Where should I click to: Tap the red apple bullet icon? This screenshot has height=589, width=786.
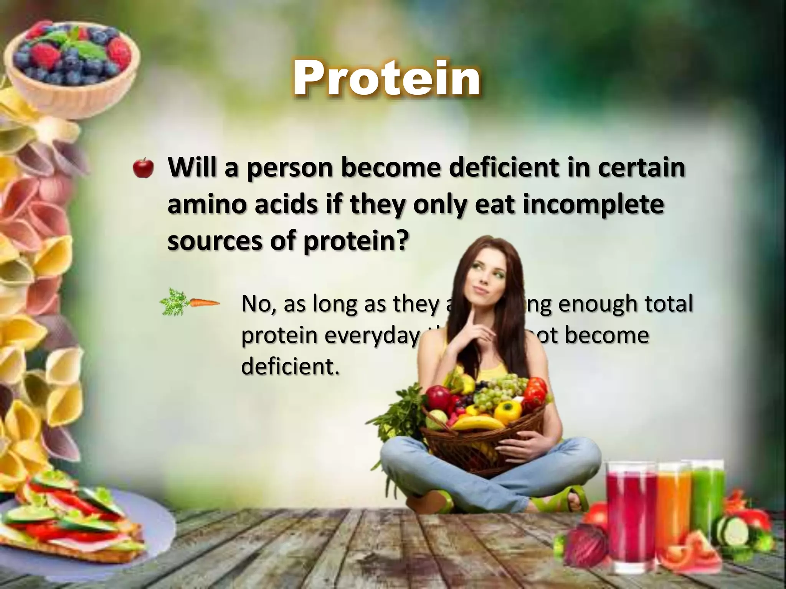coord(143,168)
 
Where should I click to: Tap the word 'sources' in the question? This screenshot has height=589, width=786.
coord(215,241)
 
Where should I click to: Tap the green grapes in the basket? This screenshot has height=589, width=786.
coord(499,387)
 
